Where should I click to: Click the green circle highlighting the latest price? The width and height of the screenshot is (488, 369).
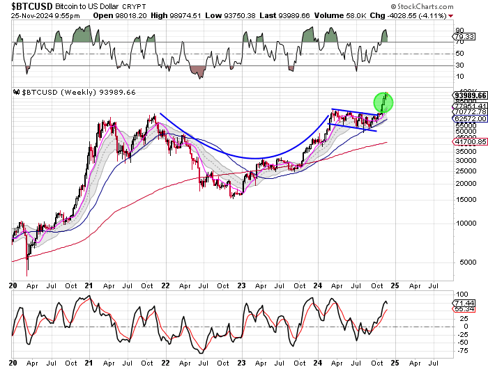tap(383, 103)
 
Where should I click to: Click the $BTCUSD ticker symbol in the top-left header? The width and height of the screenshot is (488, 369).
tap(30, 5)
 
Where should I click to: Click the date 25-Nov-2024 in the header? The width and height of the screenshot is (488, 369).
tap(31, 15)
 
